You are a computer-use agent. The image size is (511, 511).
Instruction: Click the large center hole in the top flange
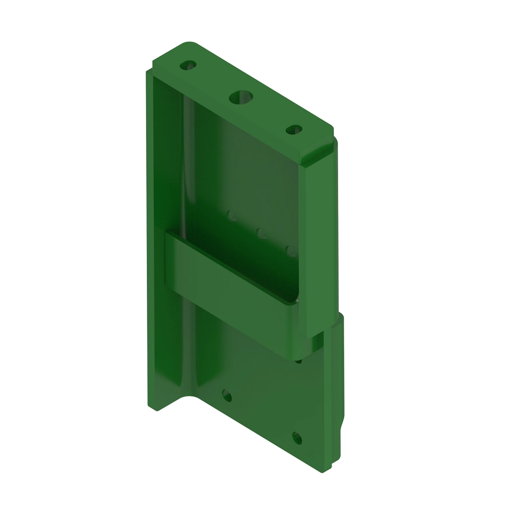coord(241,97)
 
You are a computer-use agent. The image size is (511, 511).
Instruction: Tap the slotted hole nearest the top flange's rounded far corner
coord(188,66)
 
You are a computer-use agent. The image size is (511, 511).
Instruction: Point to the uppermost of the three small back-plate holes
coord(232,214)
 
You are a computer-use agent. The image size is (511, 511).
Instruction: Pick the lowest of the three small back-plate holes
coord(290,250)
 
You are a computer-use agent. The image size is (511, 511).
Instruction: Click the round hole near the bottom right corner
coord(297,437)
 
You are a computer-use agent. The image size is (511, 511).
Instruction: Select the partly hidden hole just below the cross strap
coord(298,361)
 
